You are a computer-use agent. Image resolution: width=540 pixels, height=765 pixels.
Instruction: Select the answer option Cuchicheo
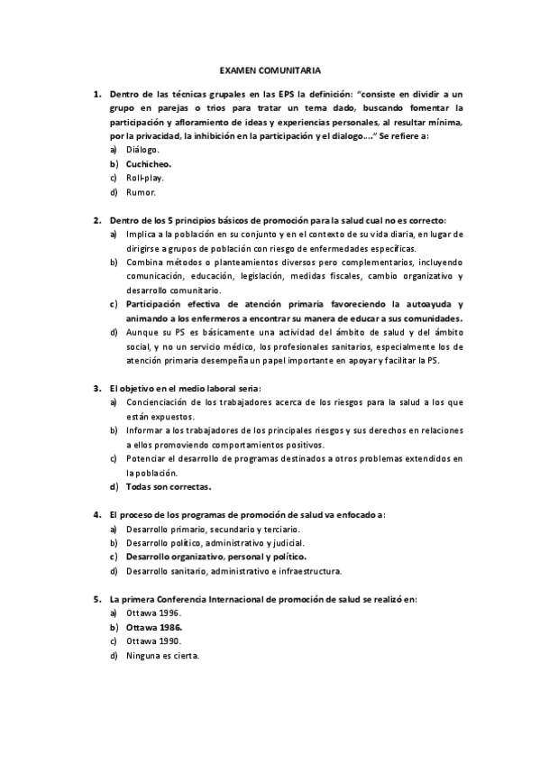[x=149, y=164]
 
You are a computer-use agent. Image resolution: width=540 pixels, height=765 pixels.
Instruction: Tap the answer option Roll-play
[x=144, y=178]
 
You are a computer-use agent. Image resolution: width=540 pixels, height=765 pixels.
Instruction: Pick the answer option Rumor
[x=141, y=192]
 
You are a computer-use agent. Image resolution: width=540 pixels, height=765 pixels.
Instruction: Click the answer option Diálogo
[x=143, y=150]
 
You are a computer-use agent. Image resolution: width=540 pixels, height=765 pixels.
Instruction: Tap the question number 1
[x=97, y=93]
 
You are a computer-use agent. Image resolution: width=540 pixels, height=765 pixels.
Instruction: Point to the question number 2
[x=97, y=220]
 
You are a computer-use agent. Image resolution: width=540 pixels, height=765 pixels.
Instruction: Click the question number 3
[x=97, y=388]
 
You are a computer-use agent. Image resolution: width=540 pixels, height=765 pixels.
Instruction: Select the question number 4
[x=97, y=515]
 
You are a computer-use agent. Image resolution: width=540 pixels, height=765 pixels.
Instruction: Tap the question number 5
[x=97, y=598]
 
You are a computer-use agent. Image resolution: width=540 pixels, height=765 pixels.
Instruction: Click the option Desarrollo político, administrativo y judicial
[x=215, y=543]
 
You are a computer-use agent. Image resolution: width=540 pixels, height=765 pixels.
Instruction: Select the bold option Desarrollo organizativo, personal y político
[x=221, y=557]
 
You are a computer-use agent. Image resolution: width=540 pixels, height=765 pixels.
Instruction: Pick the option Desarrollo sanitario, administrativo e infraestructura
[x=233, y=571]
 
